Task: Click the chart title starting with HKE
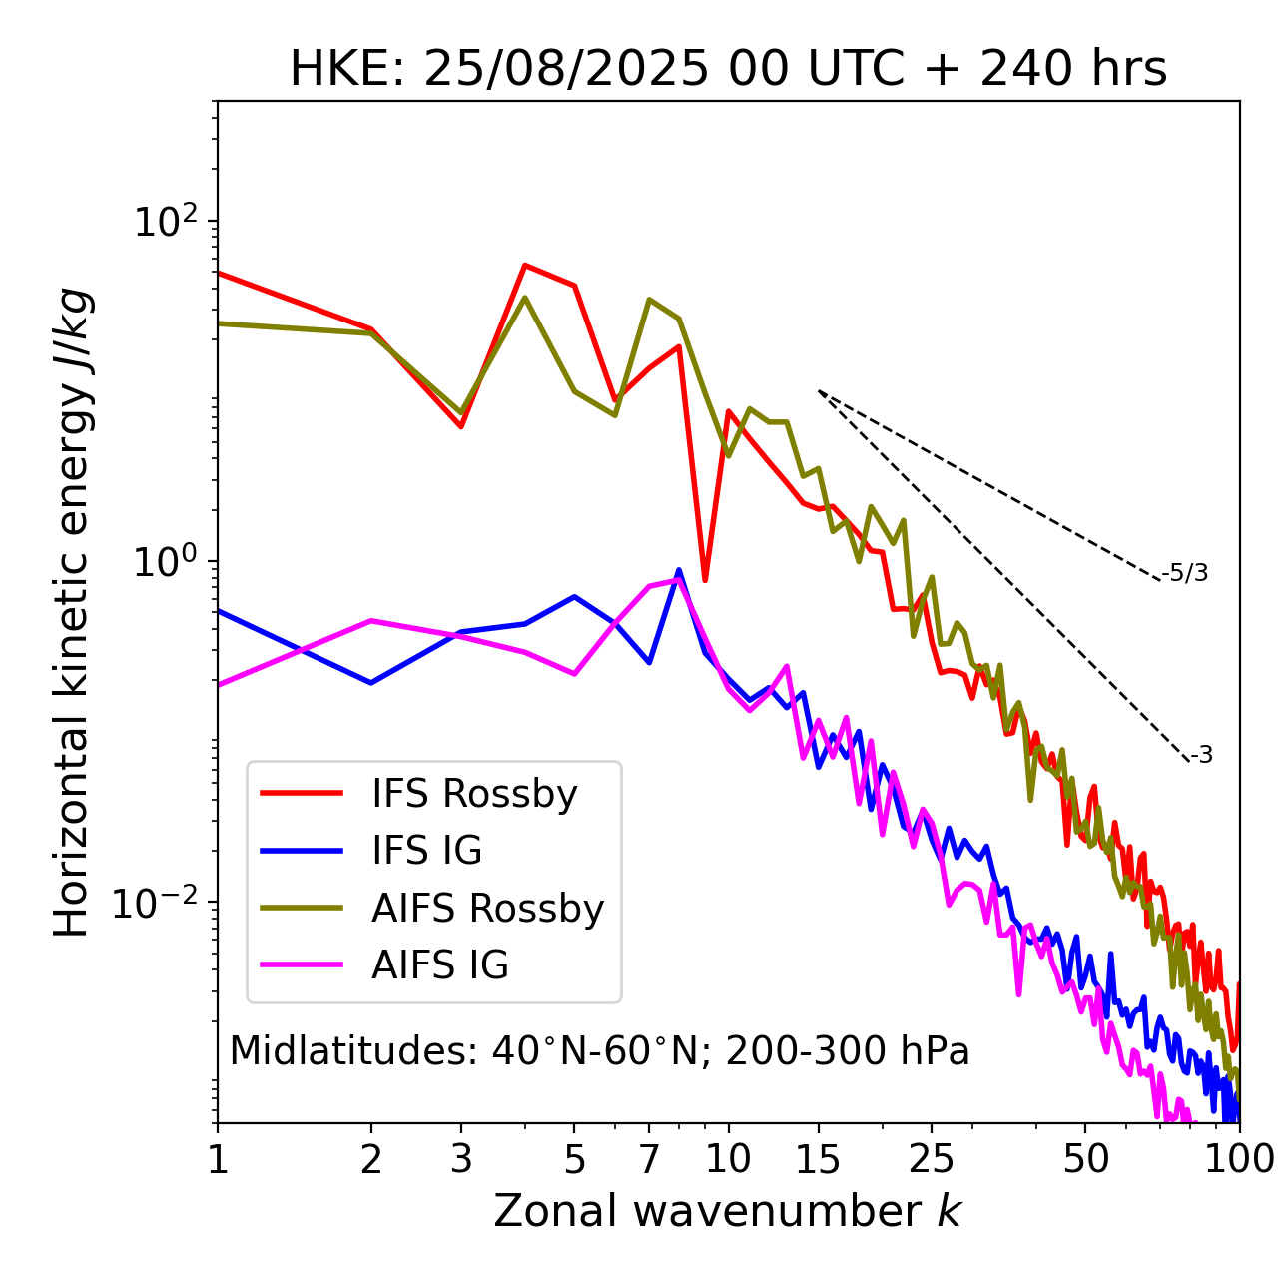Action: click(x=728, y=70)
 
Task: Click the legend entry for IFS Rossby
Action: click(x=474, y=794)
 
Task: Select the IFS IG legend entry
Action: click(x=426, y=851)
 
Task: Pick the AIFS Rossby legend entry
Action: click(x=487, y=909)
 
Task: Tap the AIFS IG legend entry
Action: click(x=440, y=965)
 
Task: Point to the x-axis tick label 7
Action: click(x=649, y=1159)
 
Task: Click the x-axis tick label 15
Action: click(x=819, y=1159)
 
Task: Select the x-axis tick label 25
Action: click(x=932, y=1159)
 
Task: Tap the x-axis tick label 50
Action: click(x=1085, y=1159)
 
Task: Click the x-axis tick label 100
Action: click(x=1238, y=1159)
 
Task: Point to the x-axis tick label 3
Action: click(x=461, y=1159)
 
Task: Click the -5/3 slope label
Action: click(x=1185, y=573)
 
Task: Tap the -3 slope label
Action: click(x=1201, y=756)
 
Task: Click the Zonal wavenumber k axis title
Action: click(x=728, y=1212)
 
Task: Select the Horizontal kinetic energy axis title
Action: click(x=72, y=612)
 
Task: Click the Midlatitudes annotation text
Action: click(x=599, y=1051)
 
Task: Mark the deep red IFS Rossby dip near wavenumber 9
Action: click(x=705, y=579)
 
